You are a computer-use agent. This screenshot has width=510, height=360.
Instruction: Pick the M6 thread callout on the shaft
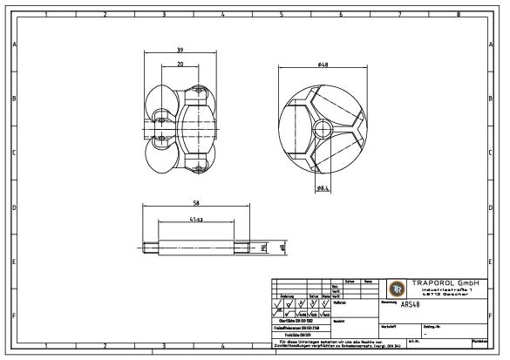coord(263,248)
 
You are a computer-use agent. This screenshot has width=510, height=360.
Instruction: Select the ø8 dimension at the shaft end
coord(282,248)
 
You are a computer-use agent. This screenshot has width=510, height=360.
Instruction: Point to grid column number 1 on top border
coord(44,14)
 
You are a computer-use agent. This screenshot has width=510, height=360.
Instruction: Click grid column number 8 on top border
coord(458,14)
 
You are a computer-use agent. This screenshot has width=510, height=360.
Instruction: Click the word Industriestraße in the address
coord(441,290)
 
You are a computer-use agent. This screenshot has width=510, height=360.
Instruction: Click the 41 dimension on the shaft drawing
coord(197,221)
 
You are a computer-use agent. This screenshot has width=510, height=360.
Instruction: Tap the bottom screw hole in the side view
coord(200,166)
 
